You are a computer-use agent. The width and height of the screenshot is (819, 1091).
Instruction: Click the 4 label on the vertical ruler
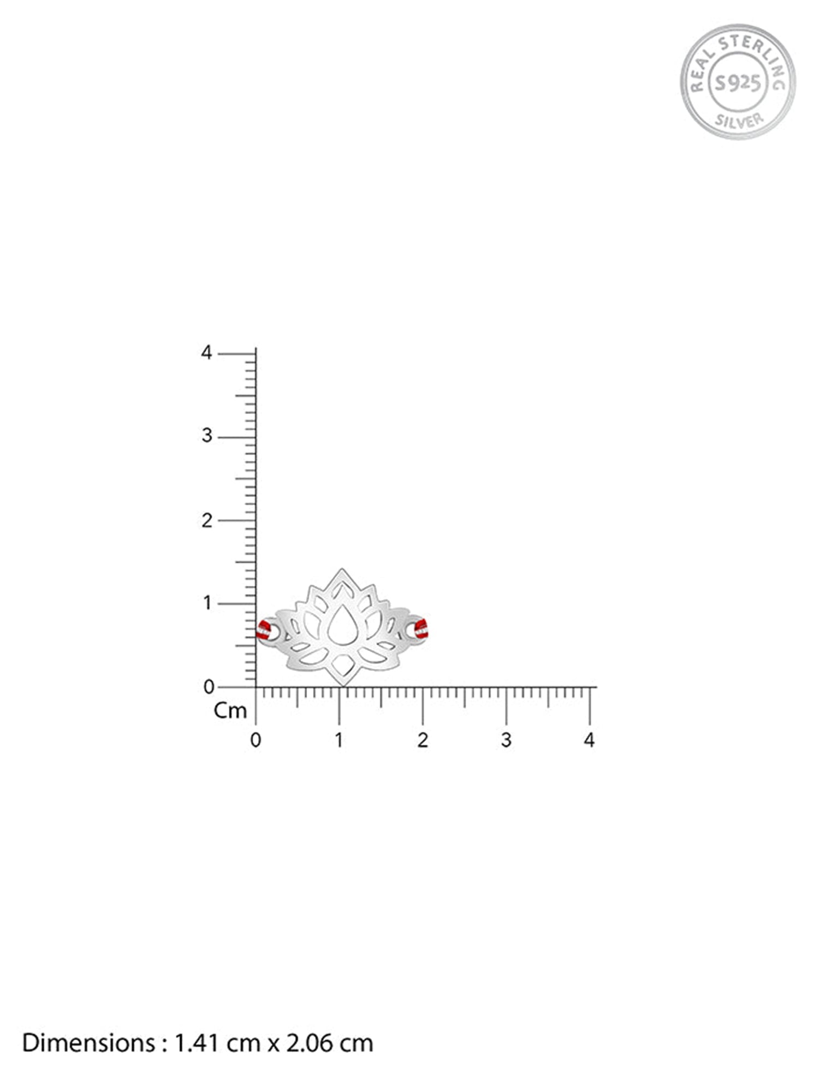click(206, 353)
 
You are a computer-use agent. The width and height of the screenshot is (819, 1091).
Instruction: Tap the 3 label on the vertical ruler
click(206, 436)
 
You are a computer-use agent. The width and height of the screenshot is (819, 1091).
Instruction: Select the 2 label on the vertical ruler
click(206, 520)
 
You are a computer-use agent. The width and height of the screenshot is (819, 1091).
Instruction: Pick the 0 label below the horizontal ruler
click(256, 740)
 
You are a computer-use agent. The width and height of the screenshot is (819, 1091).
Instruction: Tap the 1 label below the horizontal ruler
click(339, 740)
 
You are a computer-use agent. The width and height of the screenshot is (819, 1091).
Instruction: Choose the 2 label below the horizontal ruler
click(423, 740)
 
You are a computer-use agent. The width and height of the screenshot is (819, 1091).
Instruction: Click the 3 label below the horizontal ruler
click(506, 740)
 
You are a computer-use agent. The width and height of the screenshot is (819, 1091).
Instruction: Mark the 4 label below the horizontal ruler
click(589, 740)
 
